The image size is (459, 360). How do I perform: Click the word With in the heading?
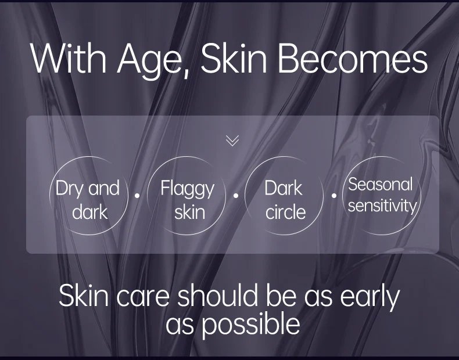pos(68,59)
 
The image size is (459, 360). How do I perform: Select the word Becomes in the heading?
pos(352,59)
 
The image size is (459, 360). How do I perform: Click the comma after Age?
pos(186,73)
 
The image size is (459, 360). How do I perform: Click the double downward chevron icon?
pos(232,141)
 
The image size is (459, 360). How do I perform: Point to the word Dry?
pos(70,189)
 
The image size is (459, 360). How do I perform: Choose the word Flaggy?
pos(188,189)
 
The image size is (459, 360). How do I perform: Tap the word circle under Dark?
pos(285,212)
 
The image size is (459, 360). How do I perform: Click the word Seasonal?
pos(380,184)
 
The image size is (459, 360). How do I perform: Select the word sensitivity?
pos(382,206)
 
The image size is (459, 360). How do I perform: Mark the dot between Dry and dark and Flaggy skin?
pos(137,195)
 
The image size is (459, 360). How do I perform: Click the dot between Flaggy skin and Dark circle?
pos(236,195)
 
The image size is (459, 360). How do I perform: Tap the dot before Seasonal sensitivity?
pos(334,195)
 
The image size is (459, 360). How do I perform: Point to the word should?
pos(219,295)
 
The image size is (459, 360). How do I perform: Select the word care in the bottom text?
pos(142,297)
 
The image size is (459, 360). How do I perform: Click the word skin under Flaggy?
pos(189,212)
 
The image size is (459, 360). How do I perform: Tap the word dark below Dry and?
pos(90,212)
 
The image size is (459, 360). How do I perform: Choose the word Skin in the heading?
pos(234,59)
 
